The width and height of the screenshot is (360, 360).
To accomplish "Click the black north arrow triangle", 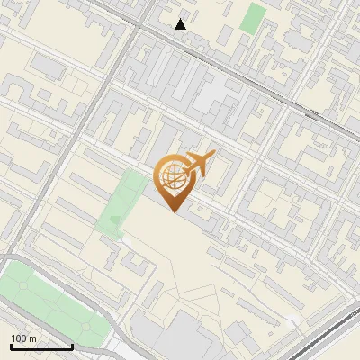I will (x=181, y=24).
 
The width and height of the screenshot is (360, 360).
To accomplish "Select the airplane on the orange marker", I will (x=199, y=163).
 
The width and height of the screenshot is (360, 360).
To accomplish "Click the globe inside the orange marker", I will (x=173, y=179).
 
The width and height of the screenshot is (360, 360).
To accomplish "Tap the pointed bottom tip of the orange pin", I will (x=173, y=212).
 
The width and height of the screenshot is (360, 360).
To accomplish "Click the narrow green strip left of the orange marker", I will (x=121, y=202).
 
